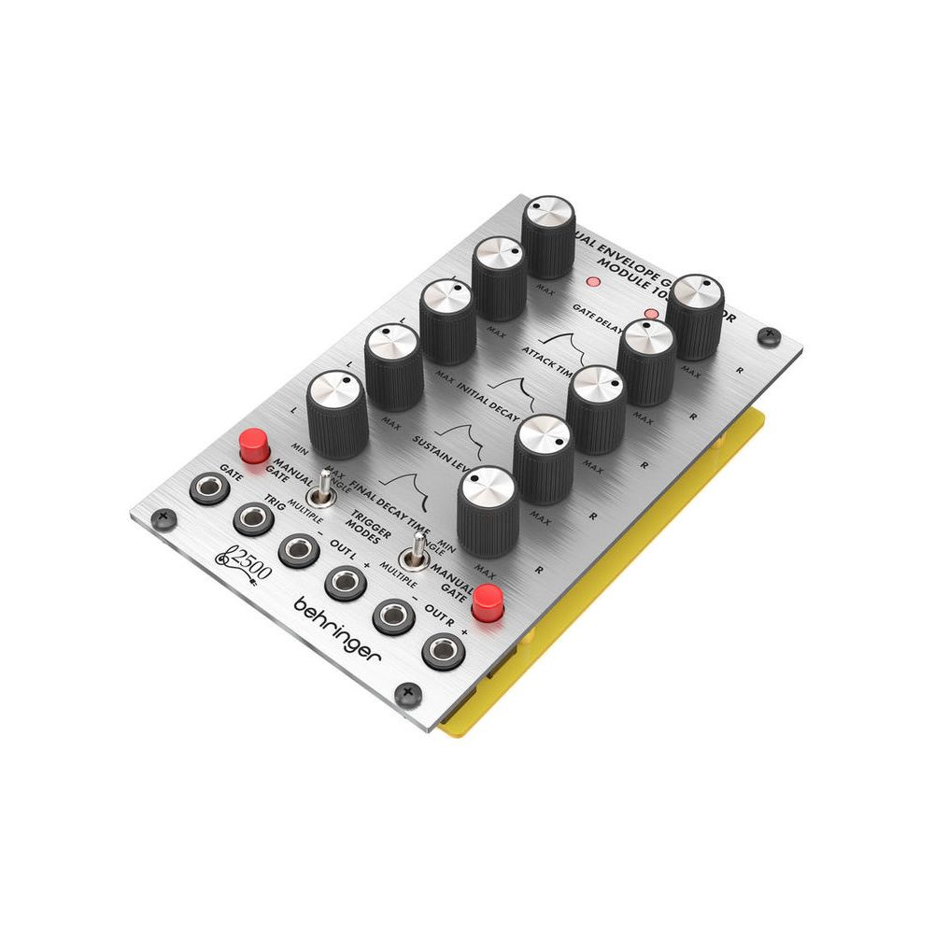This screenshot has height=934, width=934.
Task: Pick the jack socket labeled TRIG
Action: pos(252,518)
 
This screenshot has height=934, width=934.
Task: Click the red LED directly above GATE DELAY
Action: pos(590,281)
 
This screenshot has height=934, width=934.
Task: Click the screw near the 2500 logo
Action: pos(163,516)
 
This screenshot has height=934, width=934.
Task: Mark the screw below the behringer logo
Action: pos(404,692)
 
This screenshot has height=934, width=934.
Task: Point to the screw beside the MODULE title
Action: pos(768,333)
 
